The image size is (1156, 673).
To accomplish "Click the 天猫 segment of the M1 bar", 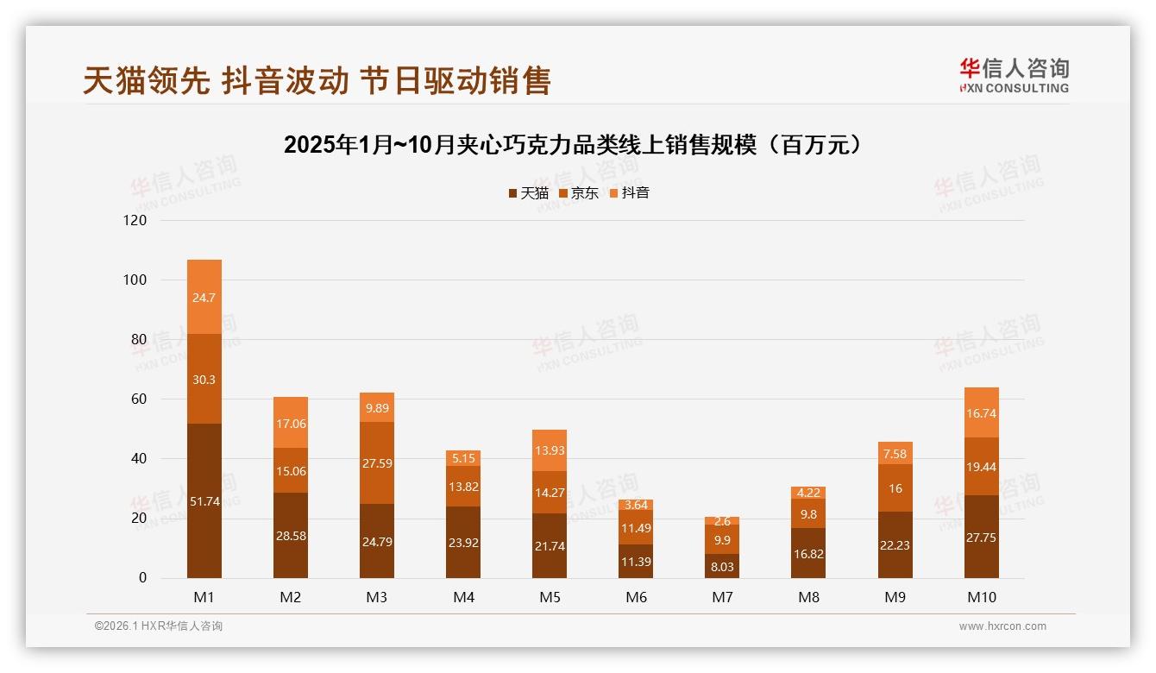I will pyautogui.click(x=204, y=500).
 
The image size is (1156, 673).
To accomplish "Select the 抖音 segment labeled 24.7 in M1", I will pyautogui.click(x=204, y=297).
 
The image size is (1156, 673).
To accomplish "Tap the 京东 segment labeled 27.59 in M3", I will pyautogui.click(x=377, y=463).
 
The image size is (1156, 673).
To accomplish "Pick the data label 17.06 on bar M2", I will pyautogui.click(x=291, y=424).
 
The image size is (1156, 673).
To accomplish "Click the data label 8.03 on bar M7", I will pyautogui.click(x=722, y=566).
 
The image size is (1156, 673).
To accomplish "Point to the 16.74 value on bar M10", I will pyautogui.click(x=982, y=413).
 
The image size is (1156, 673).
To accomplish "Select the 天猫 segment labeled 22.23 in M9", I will pyautogui.click(x=895, y=544).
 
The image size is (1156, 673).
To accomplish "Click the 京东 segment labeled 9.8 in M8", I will pyautogui.click(x=808, y=513).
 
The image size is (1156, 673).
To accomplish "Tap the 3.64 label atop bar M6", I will pyautogui.click(x=636, y=505).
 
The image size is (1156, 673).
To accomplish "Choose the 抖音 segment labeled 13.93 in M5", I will pyautogui.click(x=550, y=450).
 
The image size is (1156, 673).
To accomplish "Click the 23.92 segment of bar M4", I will pyautogui.click(x=463, y=542).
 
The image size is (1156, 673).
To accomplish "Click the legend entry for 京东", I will pyautogui.click(x=579, y=193).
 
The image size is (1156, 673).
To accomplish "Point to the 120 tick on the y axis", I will pyautogui.click(x=135, y=220).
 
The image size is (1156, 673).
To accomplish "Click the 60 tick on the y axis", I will pyautogui.click(x=139, y=399).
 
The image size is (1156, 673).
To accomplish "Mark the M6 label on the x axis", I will pyautogui.click(x=636, y=597).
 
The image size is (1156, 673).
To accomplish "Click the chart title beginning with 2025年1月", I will pyautogui.click(x=574, y=145).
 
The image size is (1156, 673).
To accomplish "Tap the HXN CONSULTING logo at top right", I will pyautogui.click(x=1014, y=76).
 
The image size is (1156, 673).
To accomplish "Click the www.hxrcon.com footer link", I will pyautogui.click(x=1002, y=626).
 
